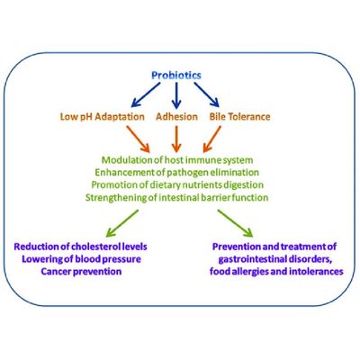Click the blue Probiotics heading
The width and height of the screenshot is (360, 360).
click(176, 76)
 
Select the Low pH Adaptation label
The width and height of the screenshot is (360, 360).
click(103, 116)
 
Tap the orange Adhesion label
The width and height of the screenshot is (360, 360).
click(176, 116)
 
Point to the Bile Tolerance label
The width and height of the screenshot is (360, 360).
click(239, 116)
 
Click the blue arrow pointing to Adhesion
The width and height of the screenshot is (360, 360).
click(176, 95)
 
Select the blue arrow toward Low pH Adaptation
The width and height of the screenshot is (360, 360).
click(146, 94)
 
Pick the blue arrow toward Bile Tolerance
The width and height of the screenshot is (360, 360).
click(207, 94)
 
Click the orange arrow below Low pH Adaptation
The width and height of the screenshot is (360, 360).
click(138, 139)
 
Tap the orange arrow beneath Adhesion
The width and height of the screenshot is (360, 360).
click(176, 139)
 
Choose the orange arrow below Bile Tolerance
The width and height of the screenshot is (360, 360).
click(211, 139)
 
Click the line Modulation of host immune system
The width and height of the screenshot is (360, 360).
click(177, 160)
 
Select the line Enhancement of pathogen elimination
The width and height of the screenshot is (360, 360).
click(176, 173)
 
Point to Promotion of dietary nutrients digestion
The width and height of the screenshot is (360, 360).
click(177, 185)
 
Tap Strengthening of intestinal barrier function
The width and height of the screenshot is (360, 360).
click(176, 198)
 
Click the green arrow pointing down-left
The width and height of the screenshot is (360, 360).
click(122, 223)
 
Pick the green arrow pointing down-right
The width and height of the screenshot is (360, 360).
click(235, 223)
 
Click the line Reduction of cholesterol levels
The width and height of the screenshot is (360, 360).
click(81, 247)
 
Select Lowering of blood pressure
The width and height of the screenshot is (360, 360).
click(81, 259)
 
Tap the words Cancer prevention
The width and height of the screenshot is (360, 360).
click(81, 272)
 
